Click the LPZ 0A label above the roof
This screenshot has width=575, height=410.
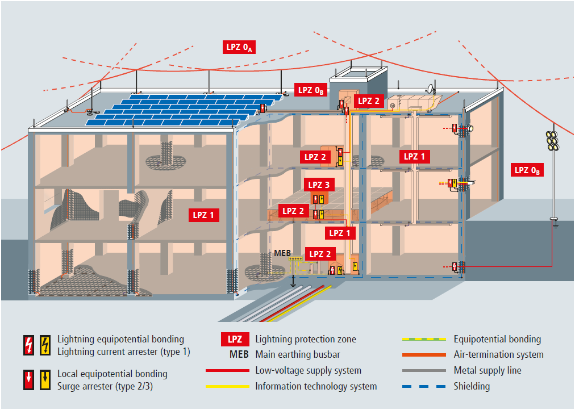tap(239, 48)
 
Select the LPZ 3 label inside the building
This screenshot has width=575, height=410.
tap(319, 185)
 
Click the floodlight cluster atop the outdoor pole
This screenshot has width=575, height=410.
tap(551, 140)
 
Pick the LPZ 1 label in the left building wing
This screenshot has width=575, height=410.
tap(204, 215)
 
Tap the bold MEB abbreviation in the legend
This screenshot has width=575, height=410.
tap(238, 355)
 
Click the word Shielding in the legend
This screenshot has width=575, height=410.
tap(472, 386)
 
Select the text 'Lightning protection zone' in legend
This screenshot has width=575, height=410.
tap(306, 340)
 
